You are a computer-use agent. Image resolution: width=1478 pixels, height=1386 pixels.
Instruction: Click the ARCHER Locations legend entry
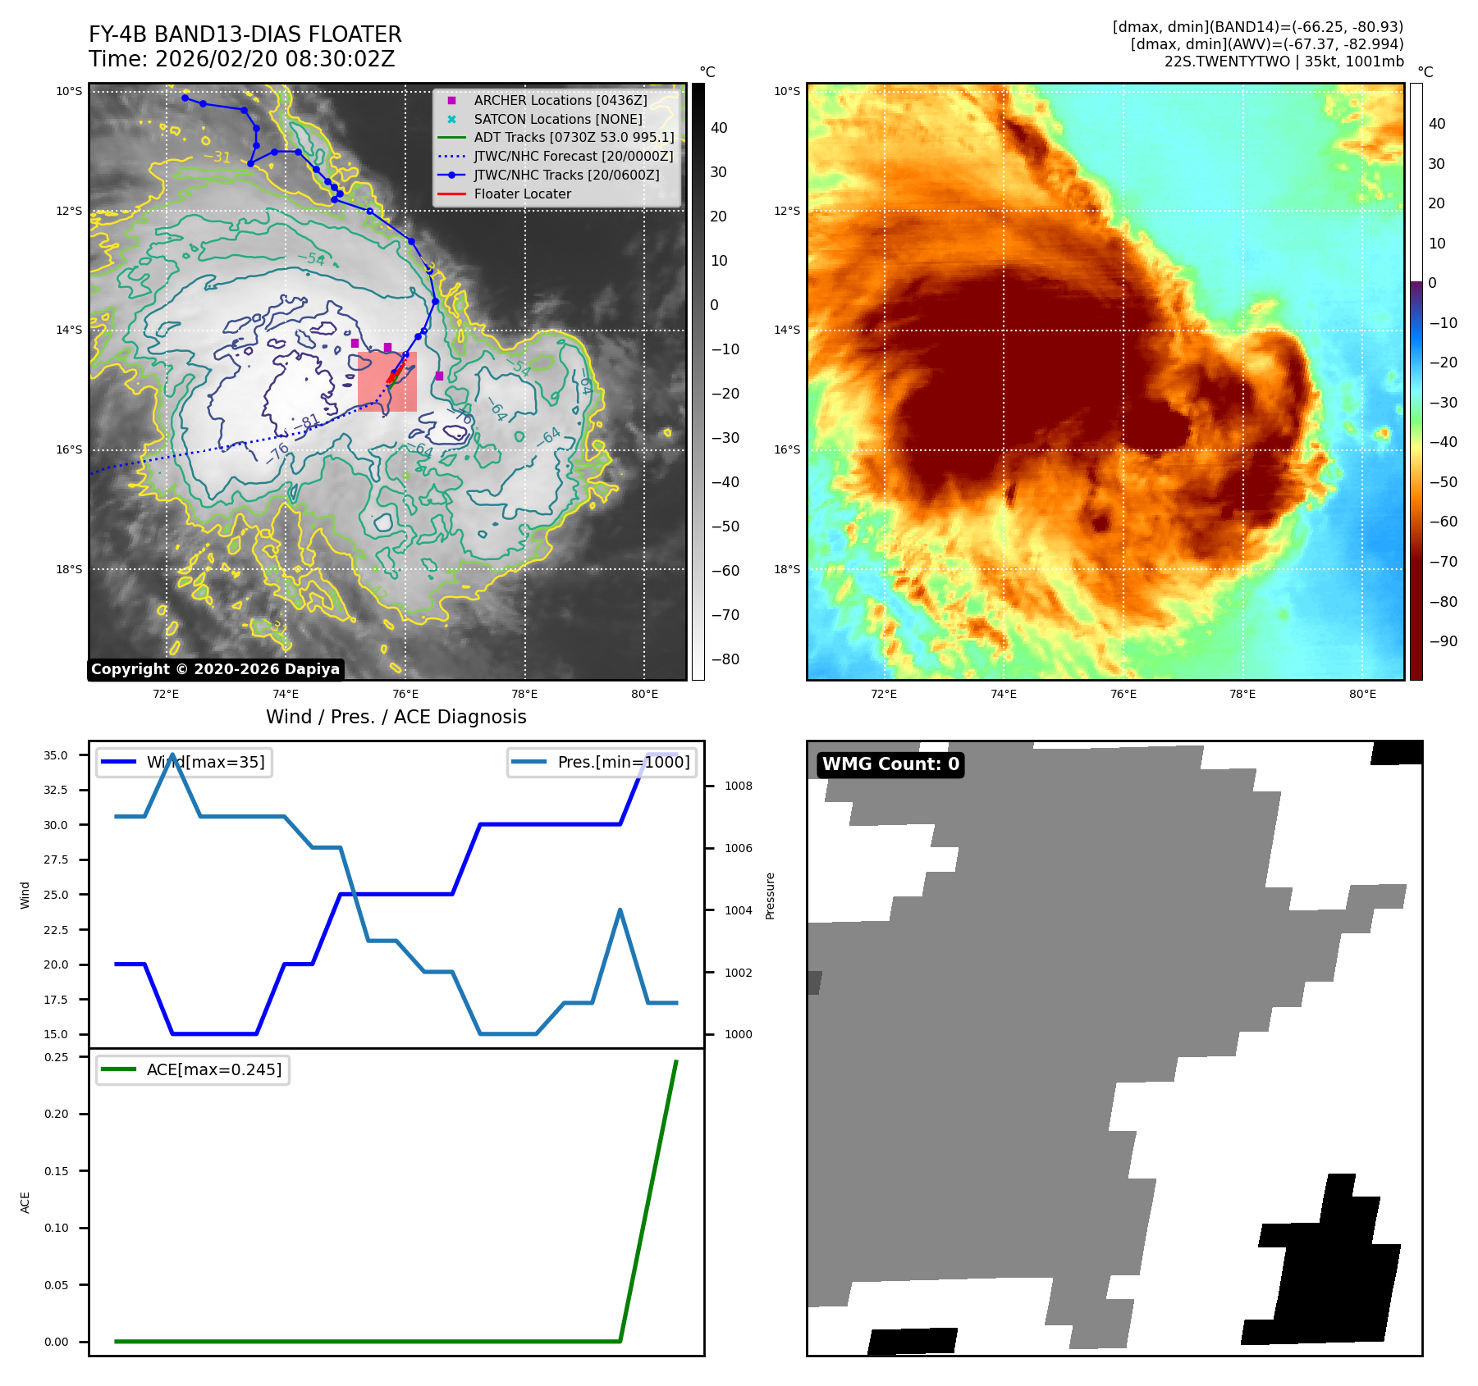[x=560, y=100]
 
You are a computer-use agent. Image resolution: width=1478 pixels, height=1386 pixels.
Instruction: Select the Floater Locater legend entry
[x=522, y=194]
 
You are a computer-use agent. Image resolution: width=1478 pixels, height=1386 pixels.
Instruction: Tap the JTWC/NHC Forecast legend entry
[x=573, y=156]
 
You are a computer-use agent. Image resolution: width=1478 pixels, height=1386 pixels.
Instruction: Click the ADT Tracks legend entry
[x=574, y=137]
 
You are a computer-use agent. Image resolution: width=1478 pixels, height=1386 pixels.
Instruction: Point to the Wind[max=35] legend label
[x=205, y=762]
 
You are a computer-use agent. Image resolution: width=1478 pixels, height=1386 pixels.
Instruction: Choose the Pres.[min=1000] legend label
[x=623, y=762]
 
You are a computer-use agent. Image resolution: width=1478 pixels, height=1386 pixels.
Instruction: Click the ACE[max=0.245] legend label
[x=213, y=1069]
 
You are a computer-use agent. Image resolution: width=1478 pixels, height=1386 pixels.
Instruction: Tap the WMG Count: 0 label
[x=890, y=764]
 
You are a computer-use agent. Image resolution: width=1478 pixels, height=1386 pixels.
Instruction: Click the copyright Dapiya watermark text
[x=215, y=669]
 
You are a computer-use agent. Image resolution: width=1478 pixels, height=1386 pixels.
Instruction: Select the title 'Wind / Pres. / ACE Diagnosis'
[x=396, y=717]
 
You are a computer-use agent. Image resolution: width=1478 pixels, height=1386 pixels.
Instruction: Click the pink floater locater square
[x=387, y=381]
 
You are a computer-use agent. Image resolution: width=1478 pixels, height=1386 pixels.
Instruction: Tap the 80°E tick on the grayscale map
[x=644, y=694]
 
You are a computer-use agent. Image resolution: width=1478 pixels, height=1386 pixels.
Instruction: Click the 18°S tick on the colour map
[x=786, y=569]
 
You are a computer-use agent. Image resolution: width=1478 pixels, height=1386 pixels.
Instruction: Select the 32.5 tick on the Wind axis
[x=56, y=790]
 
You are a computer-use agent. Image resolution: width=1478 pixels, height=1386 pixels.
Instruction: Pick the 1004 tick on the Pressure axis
[x=738, y=910]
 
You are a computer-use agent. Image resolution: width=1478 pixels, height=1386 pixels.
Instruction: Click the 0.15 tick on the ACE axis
[x=56, y=1171]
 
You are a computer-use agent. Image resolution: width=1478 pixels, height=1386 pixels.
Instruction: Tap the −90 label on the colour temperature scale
[x=1443, y=641]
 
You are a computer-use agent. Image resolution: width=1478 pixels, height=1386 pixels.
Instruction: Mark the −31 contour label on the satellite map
[x=217, y=156]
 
